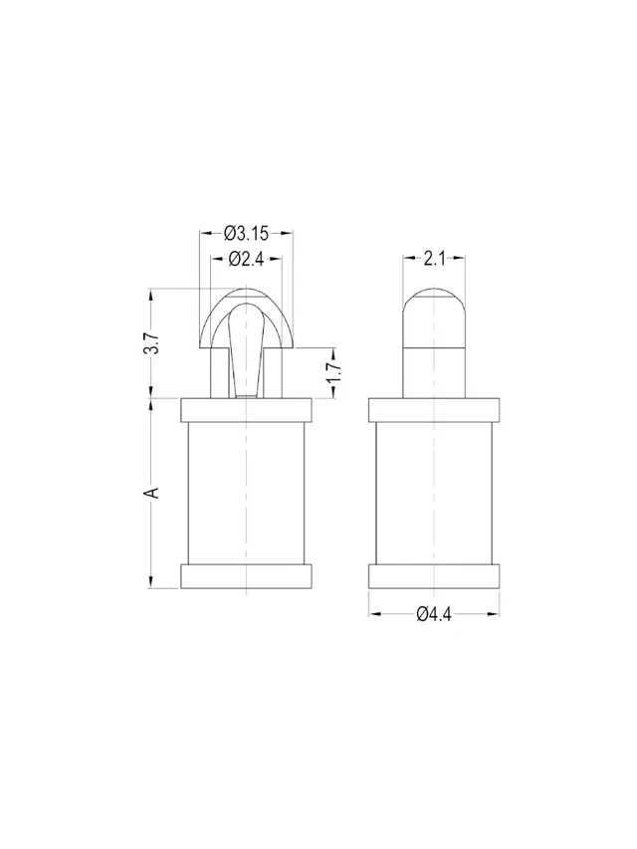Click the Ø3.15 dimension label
[x=247, y=233]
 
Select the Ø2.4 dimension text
[x=247, y=259]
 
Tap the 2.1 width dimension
[x=434, y=259]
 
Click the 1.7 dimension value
[x=333, y=372]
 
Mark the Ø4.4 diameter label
[x=434, y=614]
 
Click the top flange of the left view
[x=246, y=410]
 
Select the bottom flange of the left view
[x=246, y=576]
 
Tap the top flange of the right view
[x=434, y=410]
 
